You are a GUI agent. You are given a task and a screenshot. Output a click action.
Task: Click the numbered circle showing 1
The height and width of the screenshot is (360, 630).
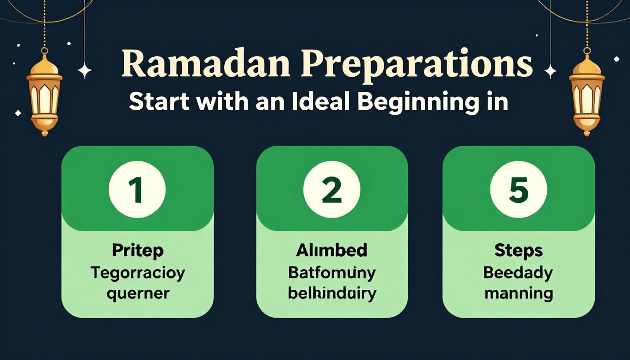click(137, 190)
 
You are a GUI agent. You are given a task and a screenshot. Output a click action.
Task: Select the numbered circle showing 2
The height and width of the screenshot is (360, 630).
click(332, 190)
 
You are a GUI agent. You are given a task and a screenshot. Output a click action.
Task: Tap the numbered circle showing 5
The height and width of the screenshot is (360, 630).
click(518, 190)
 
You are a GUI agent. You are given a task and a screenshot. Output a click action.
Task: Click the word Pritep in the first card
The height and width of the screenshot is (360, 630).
click(137, 251)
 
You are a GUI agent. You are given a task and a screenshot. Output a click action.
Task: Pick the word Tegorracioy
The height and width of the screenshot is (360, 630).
click(137, 273)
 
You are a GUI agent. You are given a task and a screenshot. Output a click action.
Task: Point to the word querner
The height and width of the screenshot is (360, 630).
click(137, 294)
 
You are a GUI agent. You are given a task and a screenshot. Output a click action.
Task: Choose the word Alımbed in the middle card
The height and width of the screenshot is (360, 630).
click(332, 250)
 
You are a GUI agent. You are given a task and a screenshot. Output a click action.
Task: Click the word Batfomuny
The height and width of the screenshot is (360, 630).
click(332, 273)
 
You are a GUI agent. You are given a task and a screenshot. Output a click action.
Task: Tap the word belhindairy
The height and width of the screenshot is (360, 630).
click(332, 293)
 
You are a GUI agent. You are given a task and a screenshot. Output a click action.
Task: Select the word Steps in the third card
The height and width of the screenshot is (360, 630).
click(518, 251)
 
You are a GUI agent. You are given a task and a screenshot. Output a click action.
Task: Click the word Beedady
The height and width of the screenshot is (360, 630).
click(518, 273)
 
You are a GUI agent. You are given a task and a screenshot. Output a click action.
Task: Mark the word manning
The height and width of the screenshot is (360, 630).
click(518, 294)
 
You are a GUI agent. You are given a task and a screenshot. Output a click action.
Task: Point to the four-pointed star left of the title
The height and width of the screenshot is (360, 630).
click(84, 70)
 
